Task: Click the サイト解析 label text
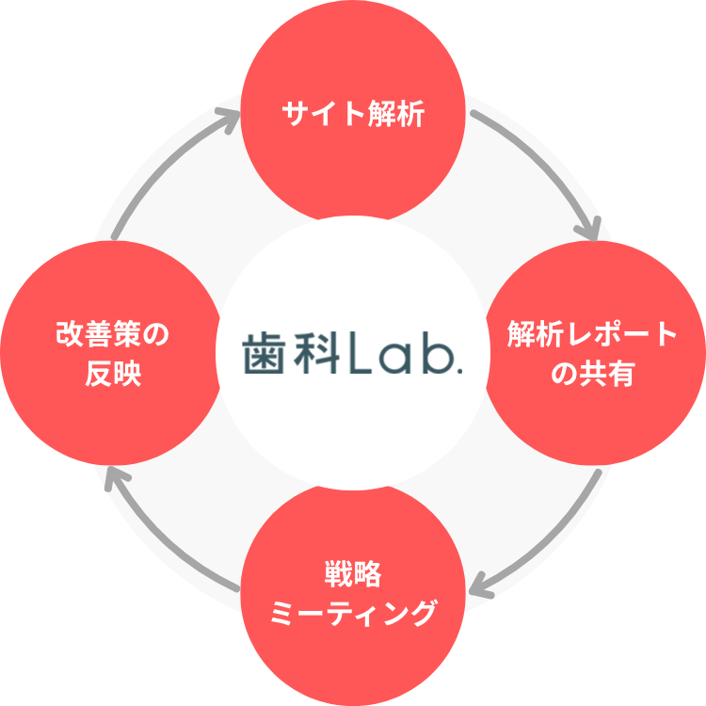click(x=353, y=116)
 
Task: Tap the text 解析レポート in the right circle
click(x=592, y=334)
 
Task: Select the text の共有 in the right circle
click(x=592, y=375)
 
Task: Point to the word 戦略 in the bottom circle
click(x=352, y=573)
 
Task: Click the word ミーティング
click(x=353, y=614)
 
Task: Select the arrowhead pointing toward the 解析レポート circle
click(x=590, y=229)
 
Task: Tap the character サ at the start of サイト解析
click(x=294, y=116)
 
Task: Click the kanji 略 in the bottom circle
click(x=368, y=573)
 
